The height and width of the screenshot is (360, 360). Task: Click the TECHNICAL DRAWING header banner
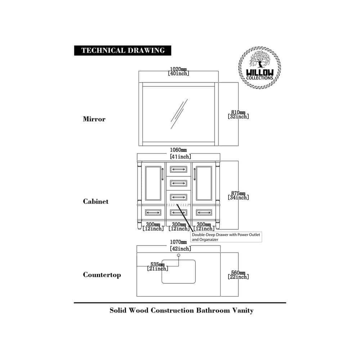click(x=123, y=50)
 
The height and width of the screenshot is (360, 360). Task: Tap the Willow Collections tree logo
click(x=259, y=67)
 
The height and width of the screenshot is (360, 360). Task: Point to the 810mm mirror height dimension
click(x=238, y=114)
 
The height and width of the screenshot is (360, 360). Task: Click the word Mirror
click(x=94, y=119)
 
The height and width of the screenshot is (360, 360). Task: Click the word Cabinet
click(x=95, y=202)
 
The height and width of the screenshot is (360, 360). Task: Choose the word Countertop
click(x=102, y=275)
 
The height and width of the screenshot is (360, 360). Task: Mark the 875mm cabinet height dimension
click(x=238, y=195)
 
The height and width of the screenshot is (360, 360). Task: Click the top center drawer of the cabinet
click(x=179, y=169)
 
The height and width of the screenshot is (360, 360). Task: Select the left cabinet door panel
click(x=153, y=183)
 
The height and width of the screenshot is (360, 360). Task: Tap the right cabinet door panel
click(x=204, y=183)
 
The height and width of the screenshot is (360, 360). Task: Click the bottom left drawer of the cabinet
click(x=153, y=212)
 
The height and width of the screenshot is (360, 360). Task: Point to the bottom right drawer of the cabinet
click(x=204, y=212)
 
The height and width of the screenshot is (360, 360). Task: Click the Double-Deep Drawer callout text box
click(x=226, y=237)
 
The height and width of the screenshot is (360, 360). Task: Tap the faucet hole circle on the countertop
click(x=179, y=256)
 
